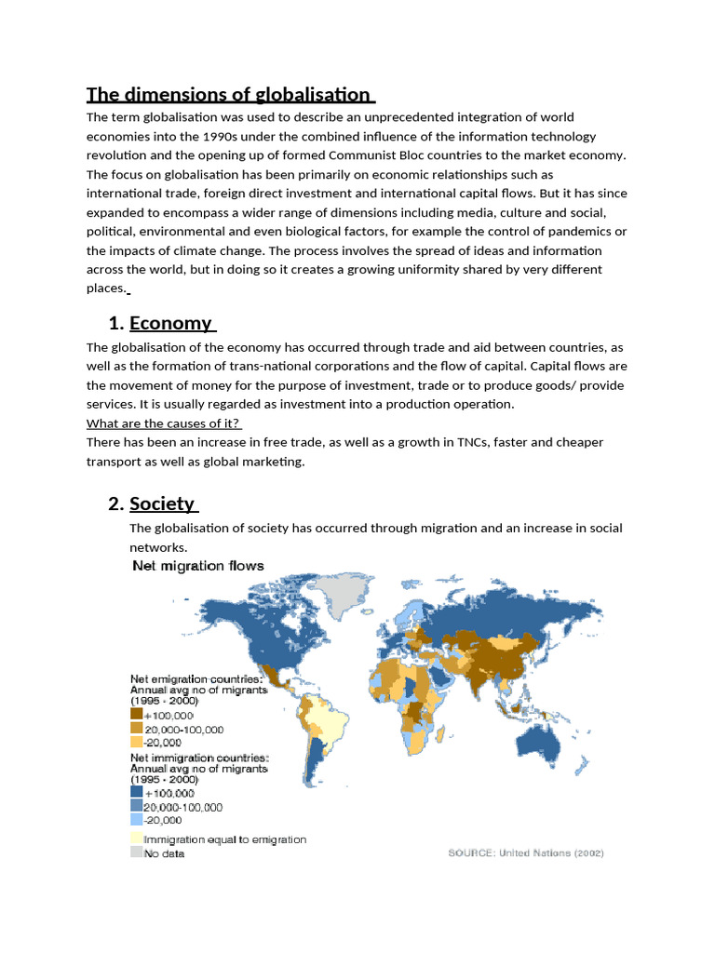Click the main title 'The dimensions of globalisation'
click(x=229, y=94)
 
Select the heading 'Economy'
click(x=170, y=323)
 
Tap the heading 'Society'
click(x=162, y=503)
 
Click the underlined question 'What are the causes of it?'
click(x=163, y=423)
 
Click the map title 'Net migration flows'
click(x=198, y=566)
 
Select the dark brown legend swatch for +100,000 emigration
click(x=136, y=715)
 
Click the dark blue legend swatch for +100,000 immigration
click(x=136, y=793)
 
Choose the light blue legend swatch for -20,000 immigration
click(x=136, y=820)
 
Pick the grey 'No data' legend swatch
click(x=136, y=852)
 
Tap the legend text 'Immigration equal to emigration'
click(x=224, y=839)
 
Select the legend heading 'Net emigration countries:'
click(x=197, y=678)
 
